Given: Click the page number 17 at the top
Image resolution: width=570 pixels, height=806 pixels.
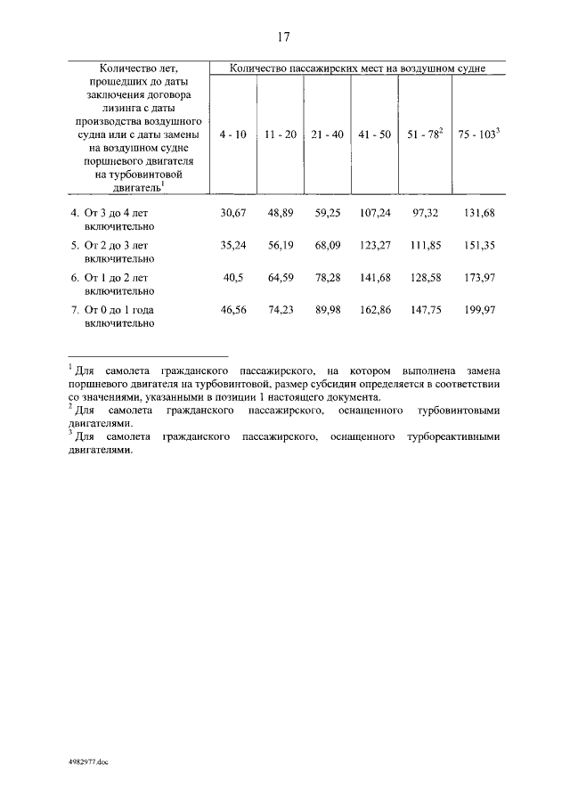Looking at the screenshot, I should coord(284,37).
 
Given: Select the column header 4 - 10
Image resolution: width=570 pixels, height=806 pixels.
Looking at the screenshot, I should coord(232,134).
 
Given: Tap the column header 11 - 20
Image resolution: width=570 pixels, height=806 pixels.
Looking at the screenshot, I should coord(281,134).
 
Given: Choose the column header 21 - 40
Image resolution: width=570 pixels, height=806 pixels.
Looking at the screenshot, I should coord(328,134).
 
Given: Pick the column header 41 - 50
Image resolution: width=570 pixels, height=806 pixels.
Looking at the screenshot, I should coord(374,134).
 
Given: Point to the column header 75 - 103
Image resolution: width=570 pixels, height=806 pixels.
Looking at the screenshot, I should coord(478,134).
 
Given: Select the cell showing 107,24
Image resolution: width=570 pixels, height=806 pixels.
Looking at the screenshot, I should coord(374,215).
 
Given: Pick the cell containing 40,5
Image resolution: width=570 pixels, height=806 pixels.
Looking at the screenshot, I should coord(232,278).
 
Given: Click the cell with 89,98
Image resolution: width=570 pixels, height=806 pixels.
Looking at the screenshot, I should coord(328,310).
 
